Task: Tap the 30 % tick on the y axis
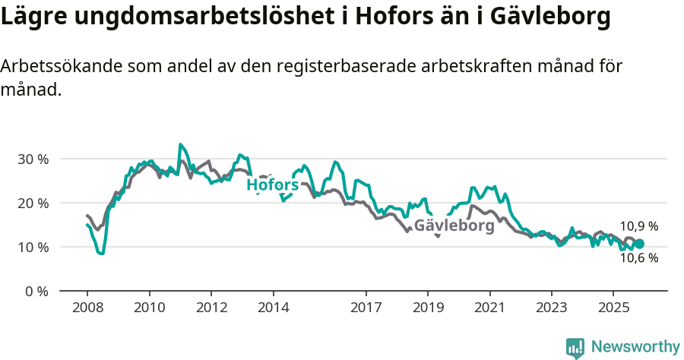pyautogui.click(x=33, y=159)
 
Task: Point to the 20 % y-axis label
pyautogui.click(x=33, y=203)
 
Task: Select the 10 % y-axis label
pyautogui.click(x=33, y=247)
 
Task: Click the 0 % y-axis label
pyautogui.click(x=36, y=291)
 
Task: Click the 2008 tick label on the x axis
pyautogui.click(x=87, y=308)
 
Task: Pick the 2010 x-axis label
pyautogui.click(x=149, y=308)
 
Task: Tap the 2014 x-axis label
pyautogui.click(x=273, y=308)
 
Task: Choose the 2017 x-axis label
pyautogui.click(x=366, y=308)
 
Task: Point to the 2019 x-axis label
pyautogui.click(x=427, y=308)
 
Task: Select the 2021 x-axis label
pyautogui.click(x=489, y=308)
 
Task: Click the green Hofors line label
pyautogui.click(x=272, y=185)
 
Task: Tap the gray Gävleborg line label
pyautogui.click(x=454, y=226)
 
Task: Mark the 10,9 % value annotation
pyautogui.click(x=638, y=226)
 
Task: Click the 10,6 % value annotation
pyautogui.click(x=638, y=258)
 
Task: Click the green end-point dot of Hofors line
pyautogui.click(x=639, y=244)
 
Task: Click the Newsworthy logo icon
pyautogui.click(x=575, y=348)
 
